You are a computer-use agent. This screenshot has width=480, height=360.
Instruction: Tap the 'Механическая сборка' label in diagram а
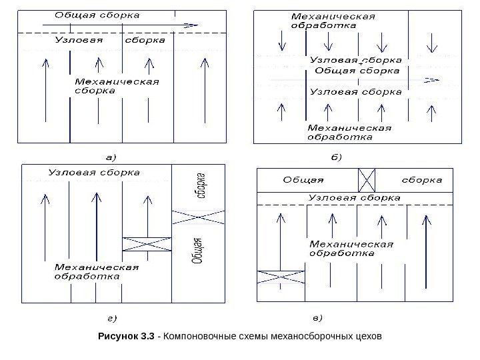pos(116,87)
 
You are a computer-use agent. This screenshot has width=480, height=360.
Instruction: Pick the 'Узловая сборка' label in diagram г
pos(94,173)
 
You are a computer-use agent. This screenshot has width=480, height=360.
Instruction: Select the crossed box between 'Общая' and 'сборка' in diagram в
pos(367,180)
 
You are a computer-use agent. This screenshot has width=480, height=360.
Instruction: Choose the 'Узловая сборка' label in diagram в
pos(353,198)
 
